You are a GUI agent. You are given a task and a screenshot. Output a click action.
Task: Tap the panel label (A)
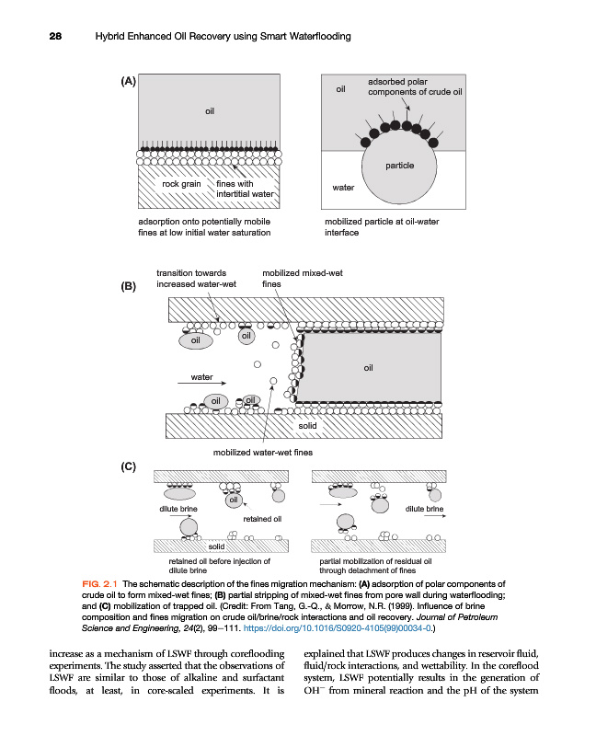129,81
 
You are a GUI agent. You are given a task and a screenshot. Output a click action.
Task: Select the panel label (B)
129,286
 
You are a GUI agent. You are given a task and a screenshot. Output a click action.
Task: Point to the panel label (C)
129,466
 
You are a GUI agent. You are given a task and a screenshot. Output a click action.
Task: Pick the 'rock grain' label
181,184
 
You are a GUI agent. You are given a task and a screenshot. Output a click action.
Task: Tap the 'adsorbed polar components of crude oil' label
414,86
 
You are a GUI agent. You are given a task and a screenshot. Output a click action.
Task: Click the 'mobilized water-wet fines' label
263,453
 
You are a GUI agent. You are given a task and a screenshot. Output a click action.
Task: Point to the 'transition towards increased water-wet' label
196,279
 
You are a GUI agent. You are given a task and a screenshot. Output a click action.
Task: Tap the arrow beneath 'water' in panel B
202,385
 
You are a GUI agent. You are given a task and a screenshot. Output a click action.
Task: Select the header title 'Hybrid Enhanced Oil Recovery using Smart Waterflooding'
224,36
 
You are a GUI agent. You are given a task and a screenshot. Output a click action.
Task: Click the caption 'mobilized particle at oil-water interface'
376,227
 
